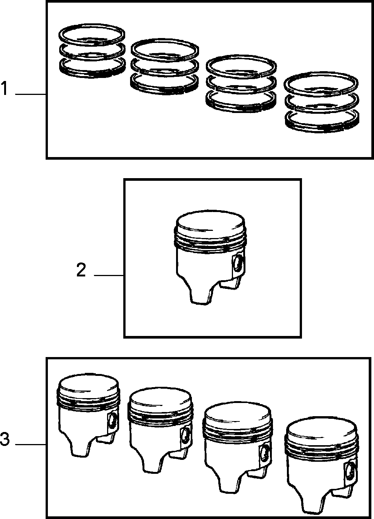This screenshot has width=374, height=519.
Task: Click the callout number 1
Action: click(4, 88)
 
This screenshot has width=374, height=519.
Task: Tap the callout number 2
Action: click(81, 270)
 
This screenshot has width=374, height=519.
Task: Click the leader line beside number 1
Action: click(31, 94)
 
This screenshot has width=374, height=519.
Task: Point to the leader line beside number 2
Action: click(109, 275)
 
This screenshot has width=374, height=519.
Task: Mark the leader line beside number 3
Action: click(31, 445)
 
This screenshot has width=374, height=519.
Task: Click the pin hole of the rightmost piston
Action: click(350, 470)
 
